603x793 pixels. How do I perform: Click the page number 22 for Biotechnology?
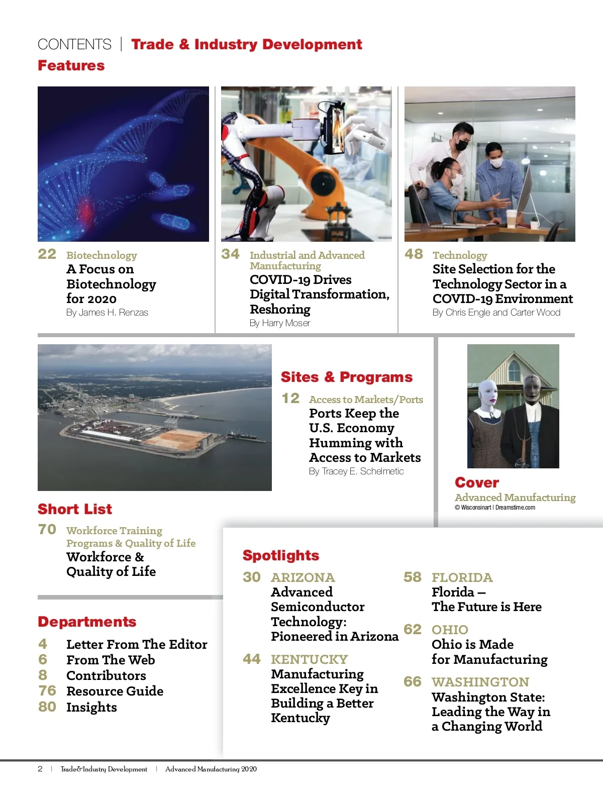[x=47, y=254]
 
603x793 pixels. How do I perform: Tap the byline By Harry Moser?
[x=280, y=323]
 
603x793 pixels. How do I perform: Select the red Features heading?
[x=71, y=66]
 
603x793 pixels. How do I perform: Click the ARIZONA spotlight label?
[x=303, y=577]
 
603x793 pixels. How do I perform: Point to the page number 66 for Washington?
[x=413, y=682]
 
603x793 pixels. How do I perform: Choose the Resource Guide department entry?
[x=115, y=691]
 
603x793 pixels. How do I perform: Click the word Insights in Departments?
[x=91, y=708]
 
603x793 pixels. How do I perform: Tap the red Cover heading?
[x=477, y=483]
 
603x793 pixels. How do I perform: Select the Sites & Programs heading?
[x=347, y=377]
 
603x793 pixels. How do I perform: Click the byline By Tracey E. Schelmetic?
[x=356, y=471]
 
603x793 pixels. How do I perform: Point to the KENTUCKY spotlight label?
[x=310, y=659]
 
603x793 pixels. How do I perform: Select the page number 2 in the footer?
[x=40, y=769]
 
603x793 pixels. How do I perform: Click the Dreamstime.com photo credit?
[x=515, y=508]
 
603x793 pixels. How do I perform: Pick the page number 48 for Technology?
[x=414, y=254]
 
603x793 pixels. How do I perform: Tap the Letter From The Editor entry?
[x=137, y=645]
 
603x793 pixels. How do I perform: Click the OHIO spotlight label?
[x=450, y=630]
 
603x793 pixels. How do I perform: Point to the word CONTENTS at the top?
[x=74, y=45]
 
